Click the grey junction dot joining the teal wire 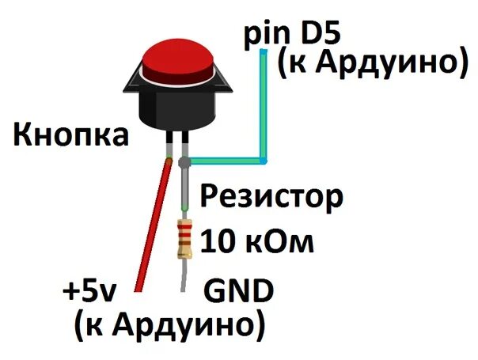coord(184,162)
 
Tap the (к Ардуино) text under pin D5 coord(369,64)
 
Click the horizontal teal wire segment coord(226,161)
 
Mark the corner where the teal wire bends coord(263,161)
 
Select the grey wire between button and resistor coord(184,190)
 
